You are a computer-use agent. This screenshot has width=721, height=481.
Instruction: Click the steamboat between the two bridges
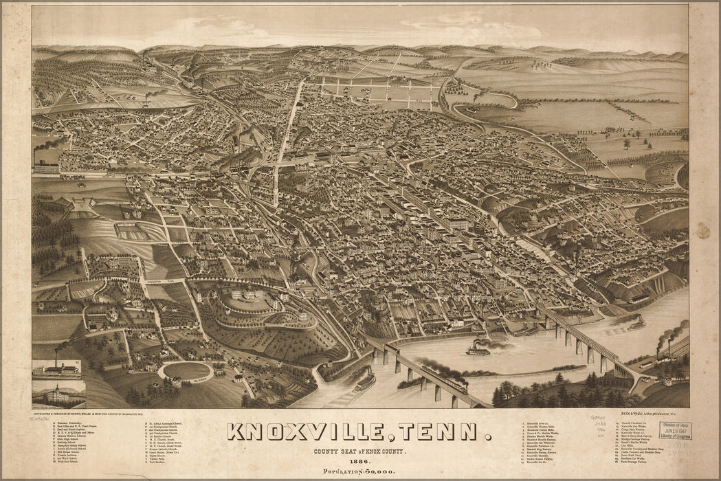(x=478, y=350)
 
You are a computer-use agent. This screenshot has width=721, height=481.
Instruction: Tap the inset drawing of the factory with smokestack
(x=56, y=368)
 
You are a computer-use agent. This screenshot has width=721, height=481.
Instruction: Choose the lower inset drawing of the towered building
(x=58, y=394)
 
